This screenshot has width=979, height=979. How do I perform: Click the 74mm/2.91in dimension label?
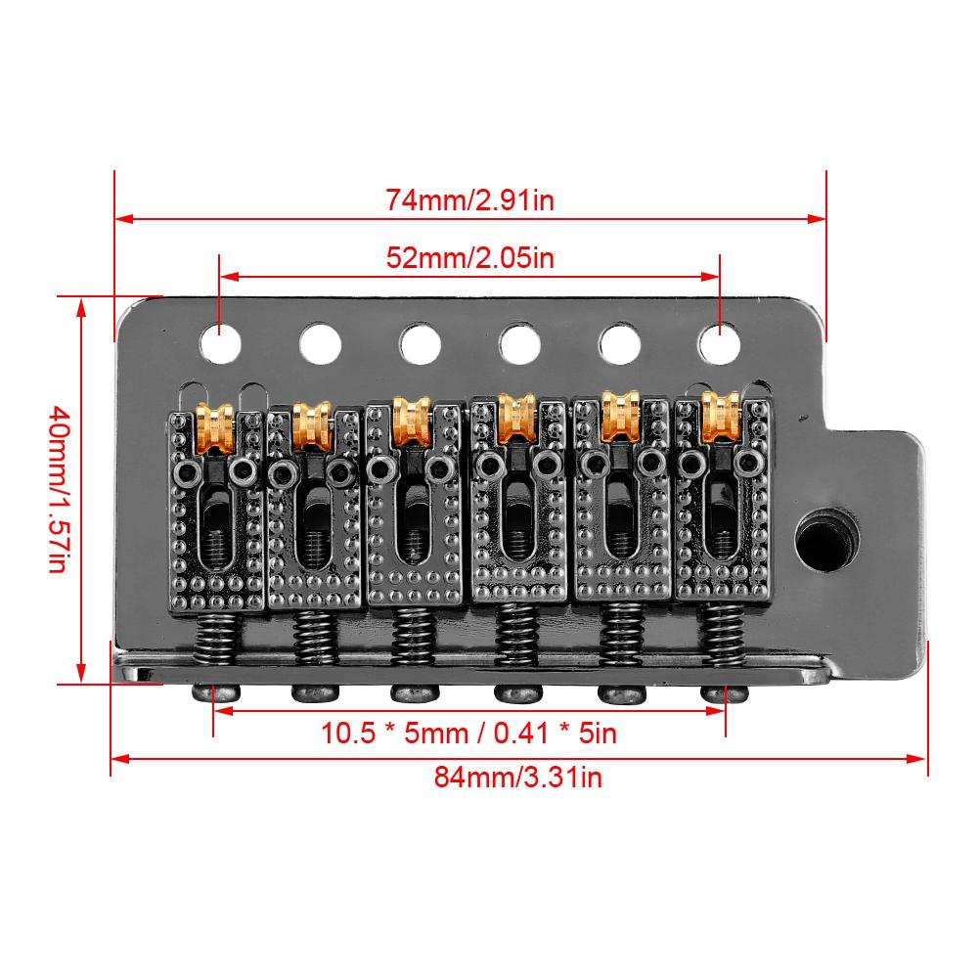pos(470,200)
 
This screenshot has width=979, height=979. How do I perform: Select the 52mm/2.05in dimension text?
pos(470,258)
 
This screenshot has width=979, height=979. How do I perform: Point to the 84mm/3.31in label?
pos(518,778)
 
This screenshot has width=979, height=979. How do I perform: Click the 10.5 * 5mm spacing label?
pos(469,732)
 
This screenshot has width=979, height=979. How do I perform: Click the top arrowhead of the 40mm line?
pos(81,304)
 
